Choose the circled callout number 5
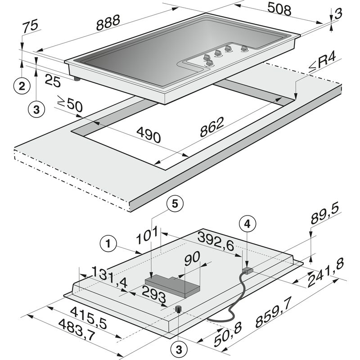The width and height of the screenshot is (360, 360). pyautogui.click(x=175, y=203)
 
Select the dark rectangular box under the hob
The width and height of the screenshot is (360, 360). pyautogui.click(x=174, y=286)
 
